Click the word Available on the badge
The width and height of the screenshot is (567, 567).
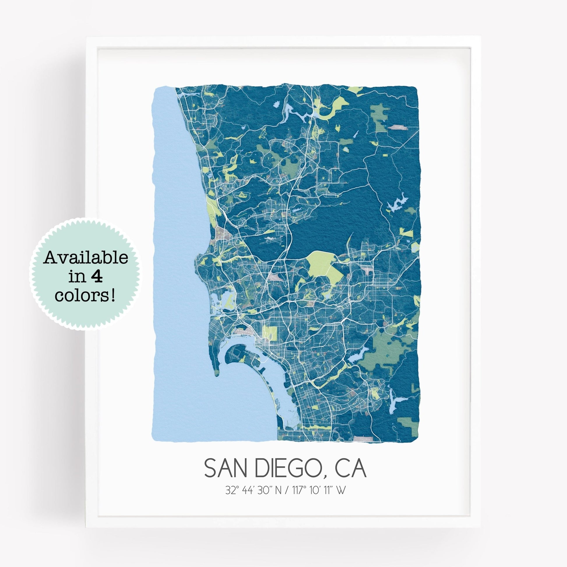[x=86, y=258]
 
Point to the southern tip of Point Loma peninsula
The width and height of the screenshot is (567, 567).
[x=216, y=373]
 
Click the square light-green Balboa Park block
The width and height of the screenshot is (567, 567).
[x=270, y=333]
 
